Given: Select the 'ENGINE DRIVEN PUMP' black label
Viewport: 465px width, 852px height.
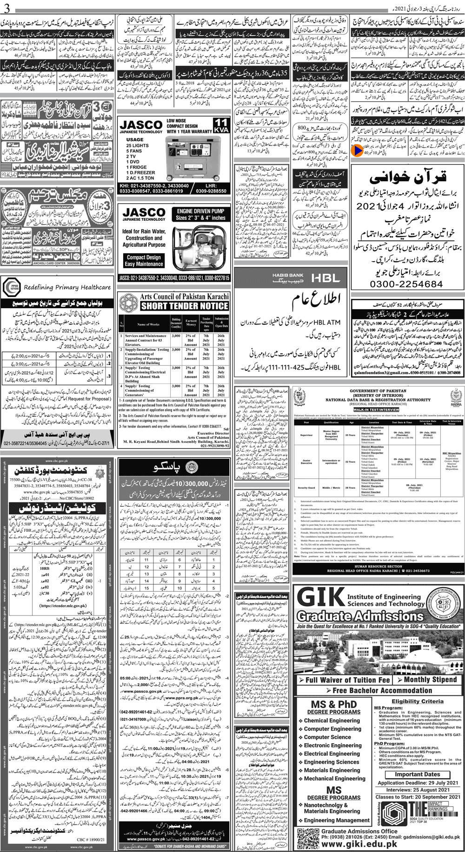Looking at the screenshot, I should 200,214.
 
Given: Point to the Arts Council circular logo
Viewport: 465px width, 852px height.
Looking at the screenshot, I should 128,303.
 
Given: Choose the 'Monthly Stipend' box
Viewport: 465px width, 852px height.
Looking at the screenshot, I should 430,679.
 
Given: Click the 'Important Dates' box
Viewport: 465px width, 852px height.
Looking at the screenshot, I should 417,774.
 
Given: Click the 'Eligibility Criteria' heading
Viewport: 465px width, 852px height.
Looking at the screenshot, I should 417,701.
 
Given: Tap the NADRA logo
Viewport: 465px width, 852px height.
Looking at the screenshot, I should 455,396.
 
